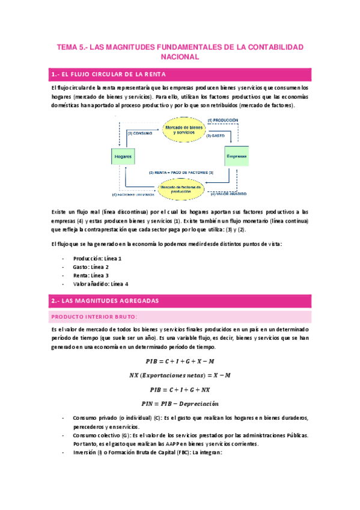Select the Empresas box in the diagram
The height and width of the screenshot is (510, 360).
click(x=236, y=156)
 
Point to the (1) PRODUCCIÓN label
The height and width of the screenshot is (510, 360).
click(x=227, y=120)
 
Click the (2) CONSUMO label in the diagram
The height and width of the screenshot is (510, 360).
click(x=139, y=132)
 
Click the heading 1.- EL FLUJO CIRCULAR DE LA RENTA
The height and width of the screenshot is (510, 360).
click(x=109, y=75)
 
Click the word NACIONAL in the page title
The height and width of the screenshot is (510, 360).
click(x=180, y=57)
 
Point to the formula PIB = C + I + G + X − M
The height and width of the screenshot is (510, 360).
click(x=180, y=361)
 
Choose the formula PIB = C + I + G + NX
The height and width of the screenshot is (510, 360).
click(x=180, y=389)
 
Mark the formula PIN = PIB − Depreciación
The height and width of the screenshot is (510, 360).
click(x=180, y=403)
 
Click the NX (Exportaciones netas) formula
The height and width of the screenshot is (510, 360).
click(x=180, y=375)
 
